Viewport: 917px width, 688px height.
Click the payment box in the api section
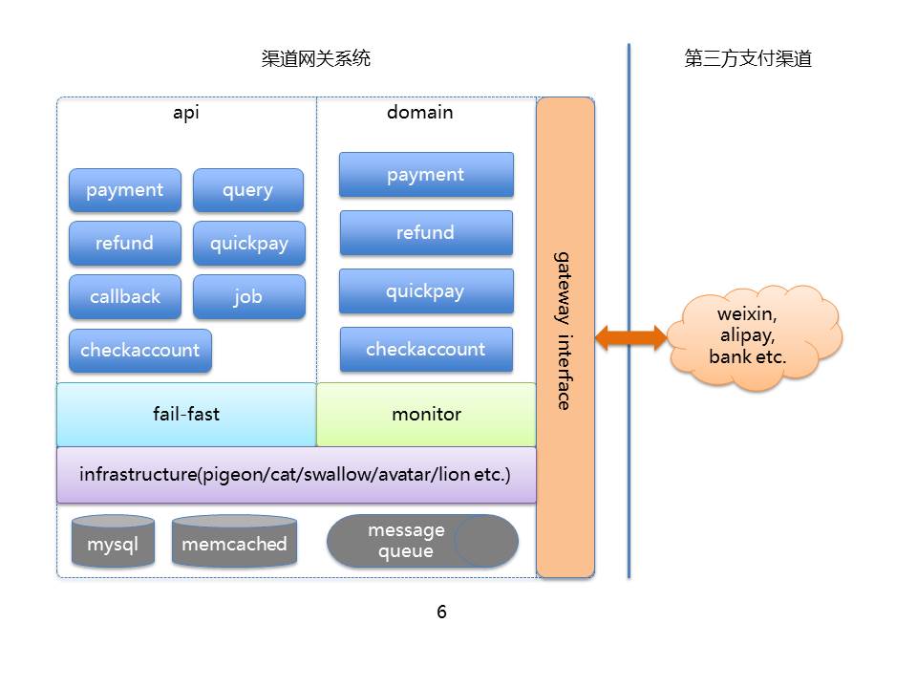124,190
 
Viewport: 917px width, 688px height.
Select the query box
248,190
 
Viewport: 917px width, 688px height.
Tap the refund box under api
124,244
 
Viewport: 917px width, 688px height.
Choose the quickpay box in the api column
248,244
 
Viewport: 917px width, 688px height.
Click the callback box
124,297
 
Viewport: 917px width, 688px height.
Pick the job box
248,297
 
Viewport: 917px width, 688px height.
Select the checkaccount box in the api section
139,351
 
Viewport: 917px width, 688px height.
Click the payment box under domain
426,175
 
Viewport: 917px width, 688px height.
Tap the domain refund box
426,233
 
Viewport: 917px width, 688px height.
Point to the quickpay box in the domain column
426,291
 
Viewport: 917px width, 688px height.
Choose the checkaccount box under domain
426,350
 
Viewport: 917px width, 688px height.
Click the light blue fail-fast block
186,415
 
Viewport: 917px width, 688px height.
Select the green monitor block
426,415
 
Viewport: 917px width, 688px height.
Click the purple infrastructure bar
296,474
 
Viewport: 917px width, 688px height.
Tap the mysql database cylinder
113,543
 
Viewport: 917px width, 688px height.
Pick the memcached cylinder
234,543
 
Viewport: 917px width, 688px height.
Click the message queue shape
422,542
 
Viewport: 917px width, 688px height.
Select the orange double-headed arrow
630,336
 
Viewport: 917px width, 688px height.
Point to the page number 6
441,613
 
